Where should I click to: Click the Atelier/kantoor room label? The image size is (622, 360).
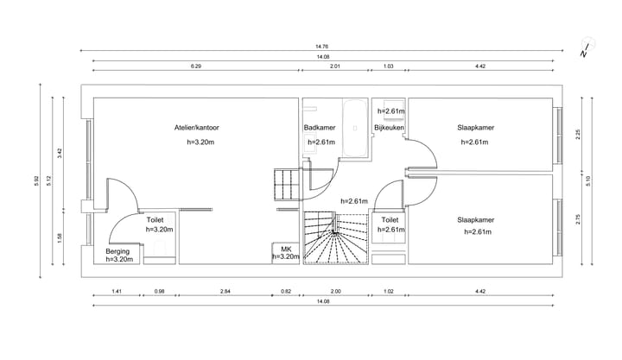[x=196, y=128]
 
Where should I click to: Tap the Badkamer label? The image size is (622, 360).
[x=320, y=128]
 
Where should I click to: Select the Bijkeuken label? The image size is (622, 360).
[x=389, y=128]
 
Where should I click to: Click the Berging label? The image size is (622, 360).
[x=117, y=251]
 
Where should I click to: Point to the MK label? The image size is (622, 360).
[x=286, y=249]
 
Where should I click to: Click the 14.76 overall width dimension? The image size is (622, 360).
[x=321, y=47]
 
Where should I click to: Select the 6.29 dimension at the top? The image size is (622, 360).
[x=196, y=66]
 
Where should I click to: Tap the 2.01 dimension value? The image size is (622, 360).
[x=335, y=66]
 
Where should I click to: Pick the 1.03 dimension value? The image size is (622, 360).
[x=389, y=66]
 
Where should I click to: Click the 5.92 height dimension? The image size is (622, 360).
[x=36, y=180]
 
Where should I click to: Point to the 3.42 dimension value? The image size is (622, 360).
[x=60, y=153]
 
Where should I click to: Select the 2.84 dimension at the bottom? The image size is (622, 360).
[x=225, y=292]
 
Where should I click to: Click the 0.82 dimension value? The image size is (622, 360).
[x=286, y=292]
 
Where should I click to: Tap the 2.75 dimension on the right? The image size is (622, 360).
[x=578, y=219]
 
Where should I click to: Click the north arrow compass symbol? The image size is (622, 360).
[x=587, y=48]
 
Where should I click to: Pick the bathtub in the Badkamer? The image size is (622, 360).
[x=355, y=128]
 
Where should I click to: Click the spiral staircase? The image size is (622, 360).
[x=336, y=238]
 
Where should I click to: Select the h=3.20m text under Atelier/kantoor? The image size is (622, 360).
[x=200, y=142]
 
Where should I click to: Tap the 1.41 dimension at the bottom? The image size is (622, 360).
[x=117, y=292]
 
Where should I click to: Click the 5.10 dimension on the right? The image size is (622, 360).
[x=588, y=180]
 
